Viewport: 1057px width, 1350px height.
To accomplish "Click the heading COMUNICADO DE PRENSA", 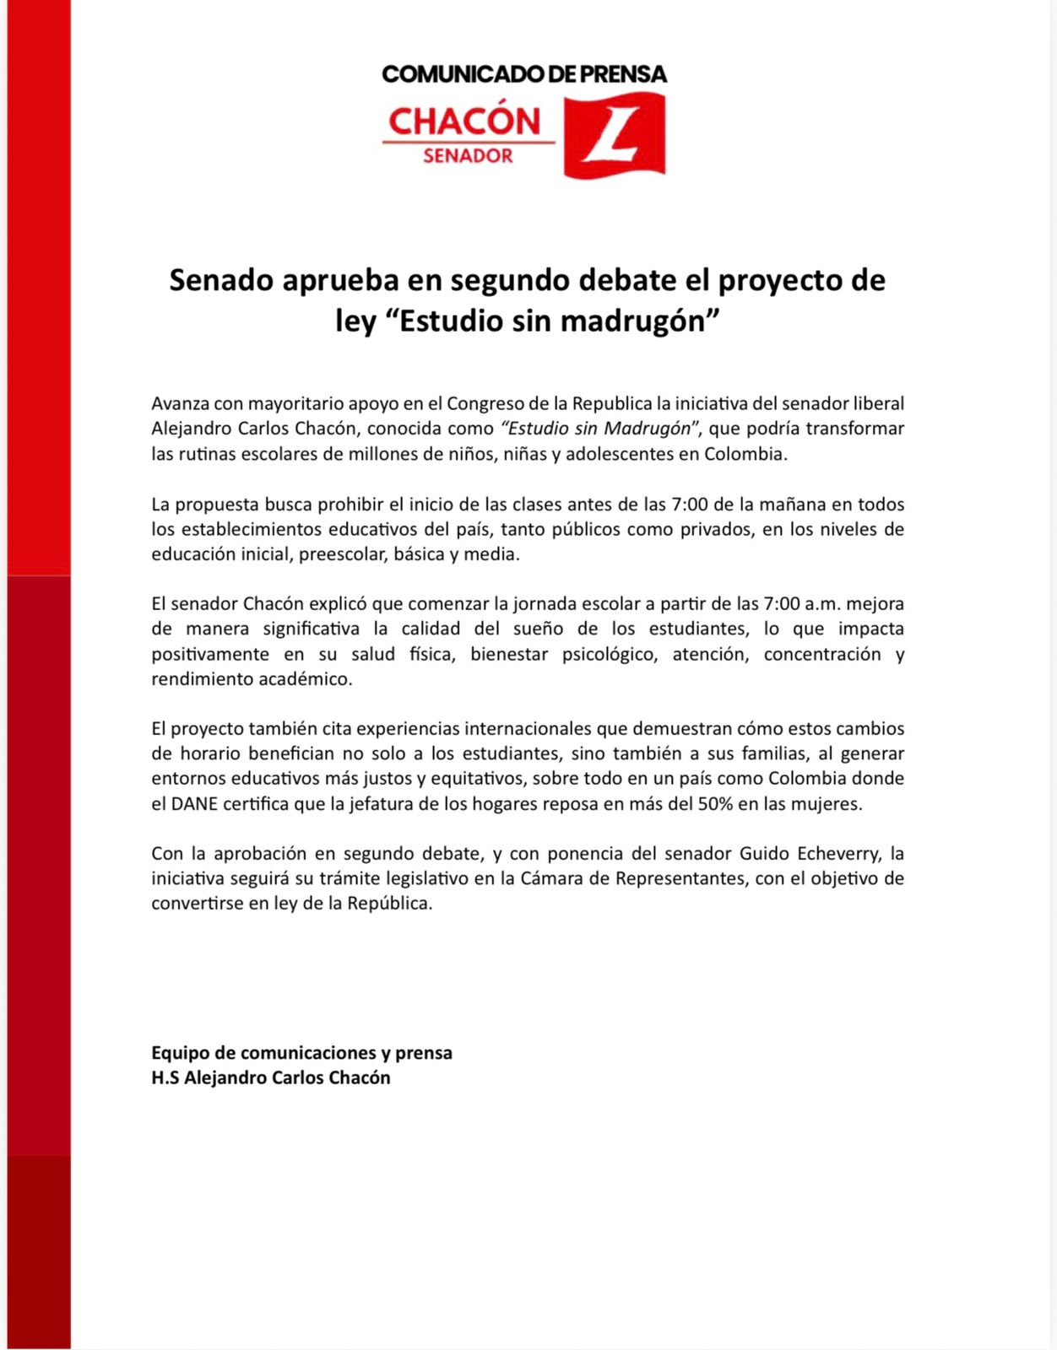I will (523, 74).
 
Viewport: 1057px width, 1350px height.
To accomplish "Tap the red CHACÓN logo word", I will (464, 121).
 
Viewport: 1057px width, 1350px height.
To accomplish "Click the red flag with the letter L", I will (614, 135).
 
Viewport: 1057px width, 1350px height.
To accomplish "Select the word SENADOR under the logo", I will (468, 156).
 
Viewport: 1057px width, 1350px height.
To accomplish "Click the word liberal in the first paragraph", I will (878, 403).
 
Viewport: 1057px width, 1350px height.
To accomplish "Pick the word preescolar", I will (343, 554).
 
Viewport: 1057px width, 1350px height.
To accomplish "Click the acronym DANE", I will (195, 804).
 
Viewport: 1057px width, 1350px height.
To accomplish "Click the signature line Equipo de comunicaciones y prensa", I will (301, 1053).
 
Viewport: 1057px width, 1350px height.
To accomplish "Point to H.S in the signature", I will (165, 1078).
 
